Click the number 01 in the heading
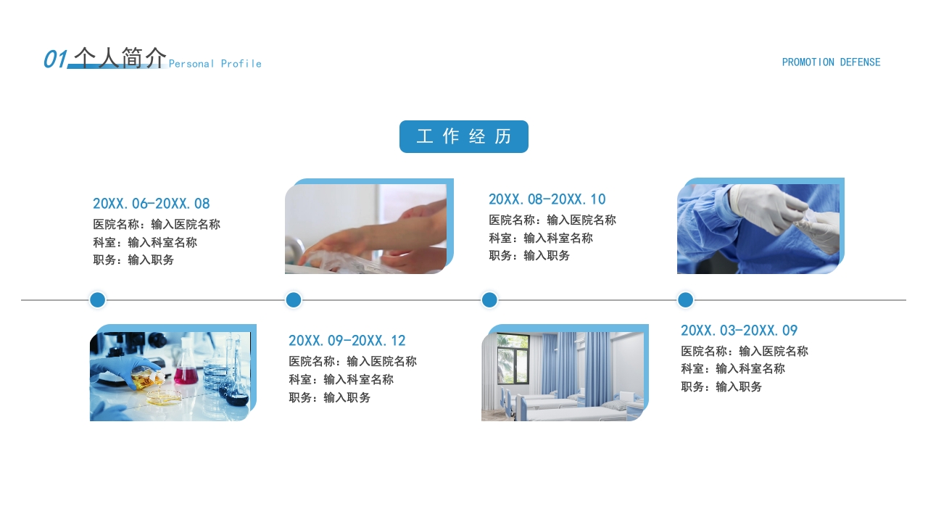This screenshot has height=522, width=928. [x=55, y=59]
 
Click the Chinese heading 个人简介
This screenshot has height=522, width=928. [x=120, y=57]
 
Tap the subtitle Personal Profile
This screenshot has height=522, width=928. [x=215, y=64]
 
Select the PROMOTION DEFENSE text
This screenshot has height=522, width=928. [x=831, y=62]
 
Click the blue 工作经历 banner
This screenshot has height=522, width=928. [x=463, y=136]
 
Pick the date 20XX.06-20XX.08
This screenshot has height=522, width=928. [x=152, y=204]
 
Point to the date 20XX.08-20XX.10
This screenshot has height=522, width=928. [x=547, y=199]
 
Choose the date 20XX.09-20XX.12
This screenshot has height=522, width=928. [x=347, y=341]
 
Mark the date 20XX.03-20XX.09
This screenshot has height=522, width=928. [x=739, y=330]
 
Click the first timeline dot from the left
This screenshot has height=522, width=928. [x=98, y=299]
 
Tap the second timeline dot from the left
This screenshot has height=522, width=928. [x=294, y=299]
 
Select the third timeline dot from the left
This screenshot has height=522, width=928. [x=489, y=299]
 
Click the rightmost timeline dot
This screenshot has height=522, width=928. [x=686, y=299]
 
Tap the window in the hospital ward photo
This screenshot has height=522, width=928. [x=513, y=359]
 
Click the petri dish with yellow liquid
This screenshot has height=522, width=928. [x=164, y=398]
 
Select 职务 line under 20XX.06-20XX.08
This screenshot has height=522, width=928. [x=133, y=260]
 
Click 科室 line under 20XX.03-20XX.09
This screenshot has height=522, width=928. [x=733, y=369]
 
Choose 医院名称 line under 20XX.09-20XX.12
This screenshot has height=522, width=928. [x=352, y=361]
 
